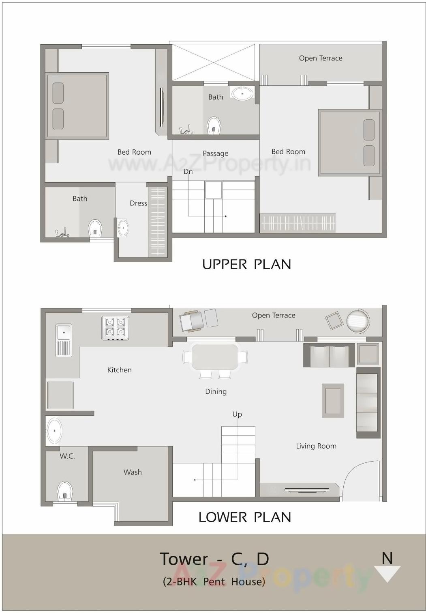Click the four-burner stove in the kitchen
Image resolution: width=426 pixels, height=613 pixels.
[x=115, y=327]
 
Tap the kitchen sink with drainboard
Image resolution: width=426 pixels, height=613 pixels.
[x=64, y=340]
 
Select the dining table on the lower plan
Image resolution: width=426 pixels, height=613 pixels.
[x=215, y=357]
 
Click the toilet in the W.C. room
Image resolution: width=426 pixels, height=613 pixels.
[x=64, y=491]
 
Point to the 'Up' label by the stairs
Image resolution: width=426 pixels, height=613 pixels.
[x=237, y=414]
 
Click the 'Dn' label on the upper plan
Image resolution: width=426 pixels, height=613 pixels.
[x=188, y=171]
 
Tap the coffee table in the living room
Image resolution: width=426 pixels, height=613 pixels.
[x=333, y=401]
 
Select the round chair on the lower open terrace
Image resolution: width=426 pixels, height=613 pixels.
[x=358, y=321]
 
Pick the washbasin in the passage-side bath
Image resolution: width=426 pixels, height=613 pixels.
[x=242, y=93]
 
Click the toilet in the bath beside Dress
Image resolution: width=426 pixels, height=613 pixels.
[x=95, y=229]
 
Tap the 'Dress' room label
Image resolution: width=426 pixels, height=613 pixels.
[x=138, y=203]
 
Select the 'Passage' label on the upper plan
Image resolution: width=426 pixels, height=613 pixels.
[x=215, y=153]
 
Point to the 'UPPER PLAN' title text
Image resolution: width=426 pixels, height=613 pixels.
[x=246, y=264]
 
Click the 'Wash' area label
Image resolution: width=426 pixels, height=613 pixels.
[x=133, y=472]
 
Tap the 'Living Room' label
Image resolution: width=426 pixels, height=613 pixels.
[x=316, y=446]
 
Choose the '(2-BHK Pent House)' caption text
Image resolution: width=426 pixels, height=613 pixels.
[x=214, y=581]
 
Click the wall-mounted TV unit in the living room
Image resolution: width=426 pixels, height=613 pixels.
[x=307, y=490]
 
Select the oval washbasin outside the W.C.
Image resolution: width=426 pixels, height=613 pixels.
[x=54, y=431]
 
